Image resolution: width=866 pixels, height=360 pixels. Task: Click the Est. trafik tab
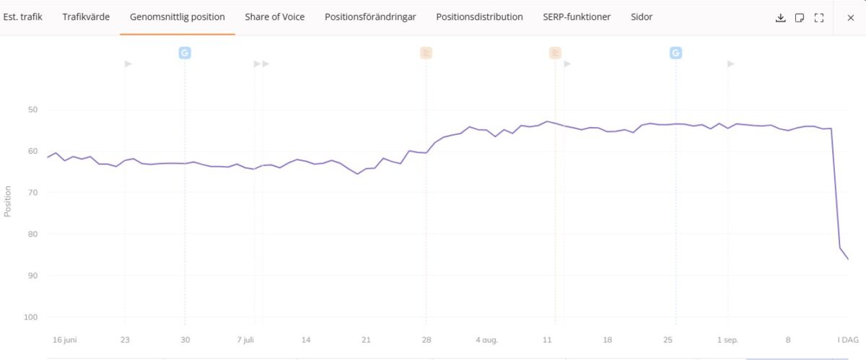[x=22, y=17]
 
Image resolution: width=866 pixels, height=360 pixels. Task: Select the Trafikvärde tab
[x=86, y=17]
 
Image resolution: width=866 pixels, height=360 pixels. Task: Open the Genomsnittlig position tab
[x=178, y=17]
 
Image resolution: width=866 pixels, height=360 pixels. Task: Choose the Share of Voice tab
[x=274, y=17]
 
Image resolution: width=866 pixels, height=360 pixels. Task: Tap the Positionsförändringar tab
[x=370, y=17]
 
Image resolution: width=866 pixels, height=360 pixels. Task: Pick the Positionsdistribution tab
[x=479, y=17]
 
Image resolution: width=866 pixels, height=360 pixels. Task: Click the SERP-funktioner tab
[x=577, y=17]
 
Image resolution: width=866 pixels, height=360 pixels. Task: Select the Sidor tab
[x=642, y=17]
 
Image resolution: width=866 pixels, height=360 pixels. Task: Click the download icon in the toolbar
[x=780, y=17]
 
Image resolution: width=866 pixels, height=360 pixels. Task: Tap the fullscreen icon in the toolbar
[x=819, y=17]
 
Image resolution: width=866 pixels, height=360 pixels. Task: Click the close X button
[x=850, y=17]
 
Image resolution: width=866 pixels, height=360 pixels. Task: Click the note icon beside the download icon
[x=800, y=17]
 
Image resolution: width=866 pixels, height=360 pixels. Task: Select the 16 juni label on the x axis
[x=64, y=340]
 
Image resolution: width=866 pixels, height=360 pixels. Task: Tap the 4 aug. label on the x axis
[x=486, y=340]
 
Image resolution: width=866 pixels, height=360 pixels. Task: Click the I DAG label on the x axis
[x=847, y=340]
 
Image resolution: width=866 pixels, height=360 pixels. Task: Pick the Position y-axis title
[x=8, y=201]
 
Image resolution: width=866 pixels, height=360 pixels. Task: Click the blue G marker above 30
[x=185, y=53]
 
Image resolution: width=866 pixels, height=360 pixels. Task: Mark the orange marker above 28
[x=426, y=53]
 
